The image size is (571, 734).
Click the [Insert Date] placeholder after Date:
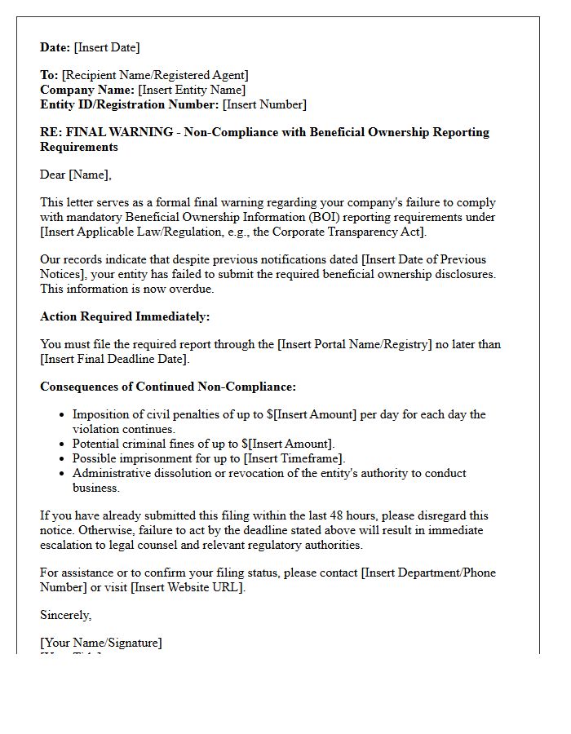point(107,47)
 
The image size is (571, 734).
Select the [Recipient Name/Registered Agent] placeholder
point(155,75)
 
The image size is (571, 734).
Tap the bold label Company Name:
point(87,90)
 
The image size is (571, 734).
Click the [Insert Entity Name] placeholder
point(192,90)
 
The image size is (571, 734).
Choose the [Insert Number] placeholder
point(265,104)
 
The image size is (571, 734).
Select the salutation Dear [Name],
point(76,175)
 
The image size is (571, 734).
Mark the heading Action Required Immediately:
point(125,316)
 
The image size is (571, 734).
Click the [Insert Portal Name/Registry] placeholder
point(355,344)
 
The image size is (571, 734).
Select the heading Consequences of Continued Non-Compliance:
point(167,387)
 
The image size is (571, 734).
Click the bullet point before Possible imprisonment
point(63,458)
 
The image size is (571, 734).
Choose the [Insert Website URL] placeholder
point(187,587)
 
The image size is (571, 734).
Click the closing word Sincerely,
point(66,615)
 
